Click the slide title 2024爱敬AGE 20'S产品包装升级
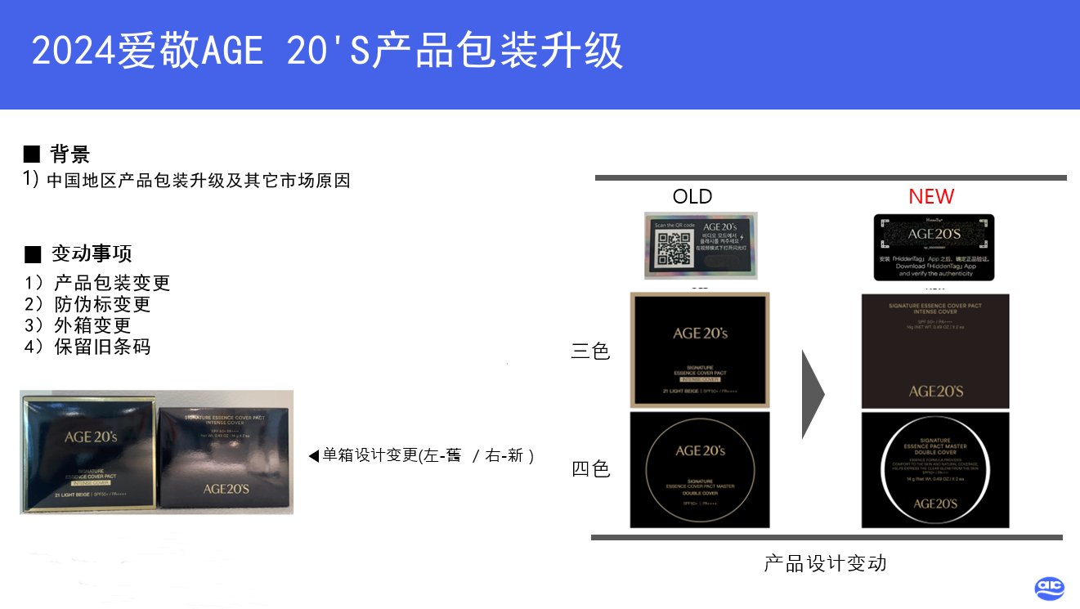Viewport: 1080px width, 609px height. (x=327, y=51)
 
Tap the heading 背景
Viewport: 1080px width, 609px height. (x=69, y=154)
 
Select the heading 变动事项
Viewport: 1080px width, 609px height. (x=91, y=253)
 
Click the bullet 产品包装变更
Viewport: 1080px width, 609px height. (x=111, y=283)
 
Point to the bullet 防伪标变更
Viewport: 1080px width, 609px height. (x=101, y=304)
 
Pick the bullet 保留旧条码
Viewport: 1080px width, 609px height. (x=101, y=346)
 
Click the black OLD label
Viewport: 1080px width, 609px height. (x=692, y=196)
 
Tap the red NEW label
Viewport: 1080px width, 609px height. (x=931, y=196)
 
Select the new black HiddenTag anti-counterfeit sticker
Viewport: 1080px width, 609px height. (x=934, y=247)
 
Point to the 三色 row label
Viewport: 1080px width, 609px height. (x=590, y=352)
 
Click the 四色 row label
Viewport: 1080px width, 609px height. (x=590, y=469)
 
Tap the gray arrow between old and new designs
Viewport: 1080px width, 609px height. (x=812, y=394)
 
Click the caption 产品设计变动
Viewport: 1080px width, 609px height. (x=825, y=563)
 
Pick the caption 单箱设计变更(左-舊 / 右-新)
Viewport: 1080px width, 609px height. (x=422, y=455)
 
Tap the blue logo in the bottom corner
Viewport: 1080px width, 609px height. (x=1049, y=588)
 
